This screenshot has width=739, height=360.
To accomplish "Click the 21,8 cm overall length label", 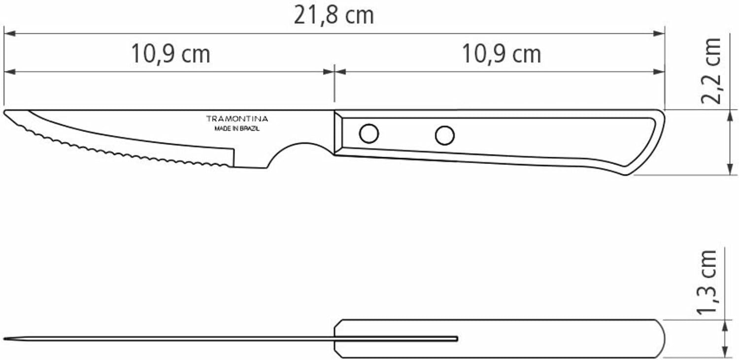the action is [334, 15].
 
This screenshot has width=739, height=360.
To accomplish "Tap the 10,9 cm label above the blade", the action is [170, 54].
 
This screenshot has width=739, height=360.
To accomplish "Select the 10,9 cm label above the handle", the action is [502, 54].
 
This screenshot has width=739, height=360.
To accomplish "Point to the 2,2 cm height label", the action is [711, 71].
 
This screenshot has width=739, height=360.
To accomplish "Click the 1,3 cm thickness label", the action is [707, 283].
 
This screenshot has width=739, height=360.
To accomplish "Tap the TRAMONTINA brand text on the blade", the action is [237, 119].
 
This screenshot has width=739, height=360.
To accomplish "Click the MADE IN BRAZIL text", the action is [237, 129].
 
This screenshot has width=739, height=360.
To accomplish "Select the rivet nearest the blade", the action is [369, 133].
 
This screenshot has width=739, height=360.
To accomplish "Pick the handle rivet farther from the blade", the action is [445, 135].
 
